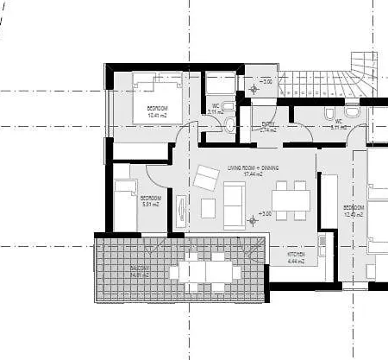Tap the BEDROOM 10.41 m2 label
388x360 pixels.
coord(157,111)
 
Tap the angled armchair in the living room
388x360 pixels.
coord(206,178)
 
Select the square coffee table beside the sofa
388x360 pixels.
coord(208,208)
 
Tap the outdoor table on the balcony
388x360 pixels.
coord(205,273)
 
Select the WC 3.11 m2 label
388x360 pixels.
coord(215,109)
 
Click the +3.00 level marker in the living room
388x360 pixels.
coord(264,213)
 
